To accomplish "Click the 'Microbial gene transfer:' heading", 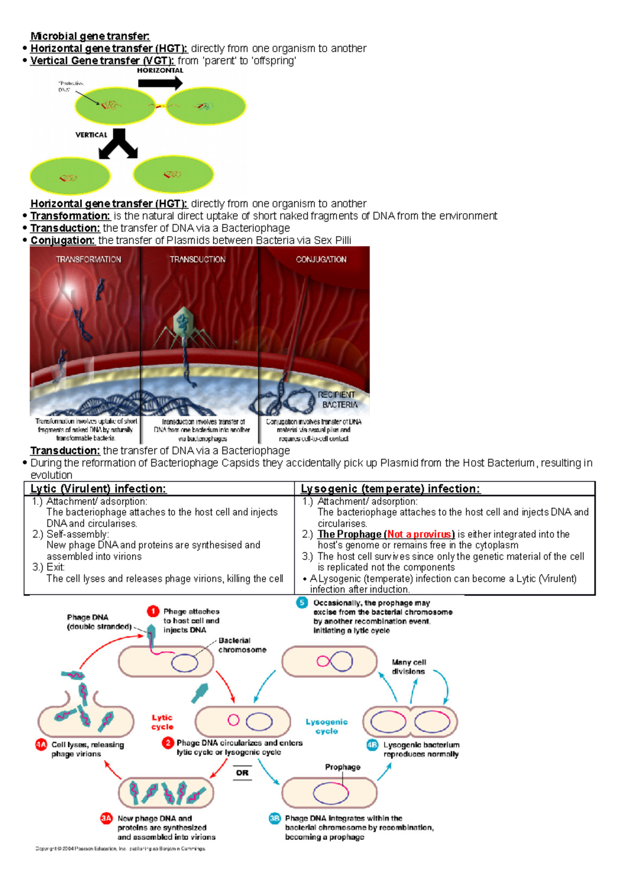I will click(90, 36).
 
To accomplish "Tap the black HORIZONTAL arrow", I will click(160, 83).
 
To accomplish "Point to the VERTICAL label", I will click(91, 135).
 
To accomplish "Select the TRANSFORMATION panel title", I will click(88, 260).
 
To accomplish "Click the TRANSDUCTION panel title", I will click(197, 260).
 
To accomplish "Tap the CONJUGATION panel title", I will click(321, 260).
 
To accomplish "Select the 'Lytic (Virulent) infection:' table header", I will click(98, 489).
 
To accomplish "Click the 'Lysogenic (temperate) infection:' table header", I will click(390, 489).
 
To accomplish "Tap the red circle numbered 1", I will click(152, 611).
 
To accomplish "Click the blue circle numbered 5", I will click(302, 603).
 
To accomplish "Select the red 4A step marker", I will click(41, 744).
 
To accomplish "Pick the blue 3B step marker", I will click(274, 818).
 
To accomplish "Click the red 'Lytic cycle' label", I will click(162, 722).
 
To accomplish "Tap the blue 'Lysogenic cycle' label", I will click(327, 726).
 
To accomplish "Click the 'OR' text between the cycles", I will click(242, 773).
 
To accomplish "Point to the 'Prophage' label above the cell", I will click(342, 767).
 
